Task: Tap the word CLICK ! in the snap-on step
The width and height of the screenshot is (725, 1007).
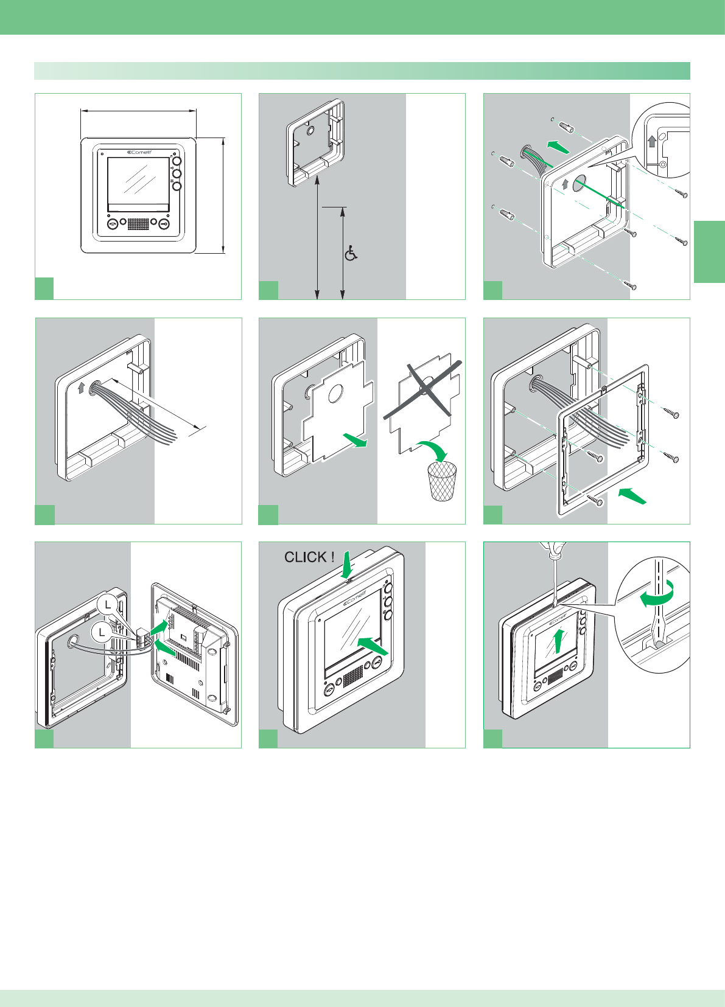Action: pyautogui.click(x=309, y=557)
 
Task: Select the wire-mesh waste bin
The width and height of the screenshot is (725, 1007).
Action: pyautogui.click(x=443, y=481)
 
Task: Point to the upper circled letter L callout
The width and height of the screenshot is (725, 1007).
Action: pyautogui.click(x=108, y=605)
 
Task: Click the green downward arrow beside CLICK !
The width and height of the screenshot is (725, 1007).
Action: pyautogui.click(x=347, y=564)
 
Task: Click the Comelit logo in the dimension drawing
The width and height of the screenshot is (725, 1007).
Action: pyautogui.click(x=139, y=152)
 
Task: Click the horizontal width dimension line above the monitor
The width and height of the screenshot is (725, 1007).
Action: pyautogui.click(x=138, y=111)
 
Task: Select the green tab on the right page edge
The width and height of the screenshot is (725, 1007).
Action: pyautogui.click(x=709, y=252)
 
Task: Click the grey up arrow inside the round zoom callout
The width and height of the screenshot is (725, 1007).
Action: pyautogui.click(x=653, y=141)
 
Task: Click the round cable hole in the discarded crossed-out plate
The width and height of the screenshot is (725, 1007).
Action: pyautogui.click(x=427, y=383)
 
